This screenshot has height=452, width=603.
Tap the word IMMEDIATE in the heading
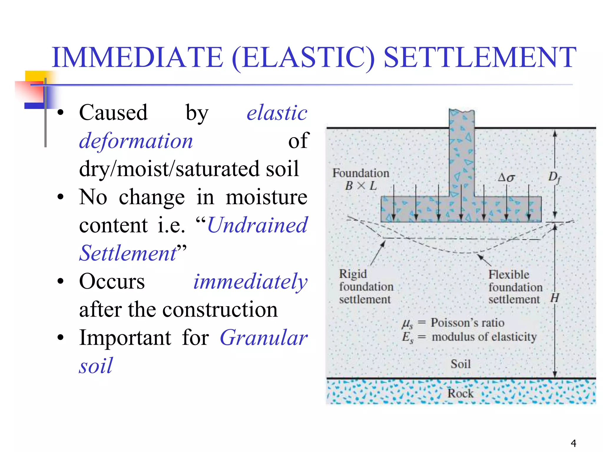tap(137, 57)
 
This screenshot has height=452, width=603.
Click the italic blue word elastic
tap(277, 113)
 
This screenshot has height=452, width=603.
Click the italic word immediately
tap(250, 282)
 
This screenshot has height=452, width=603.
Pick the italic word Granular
tap(264, 338)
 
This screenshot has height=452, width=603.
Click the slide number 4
tap(573, 443)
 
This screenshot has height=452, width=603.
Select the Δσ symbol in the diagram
tap(506, 178)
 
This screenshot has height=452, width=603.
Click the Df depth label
tap(554, 177)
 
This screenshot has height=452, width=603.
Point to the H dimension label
tap(554, 298)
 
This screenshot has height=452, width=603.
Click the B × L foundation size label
tap(361, 186)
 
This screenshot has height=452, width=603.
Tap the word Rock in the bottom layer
tap(460, 393)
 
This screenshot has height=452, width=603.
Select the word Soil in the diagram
tap(460, 364)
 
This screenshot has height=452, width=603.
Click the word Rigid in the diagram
tap(353, 274)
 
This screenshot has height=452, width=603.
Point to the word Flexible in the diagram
tap(508, 275)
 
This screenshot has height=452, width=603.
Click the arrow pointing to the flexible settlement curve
tap(484, 260)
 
